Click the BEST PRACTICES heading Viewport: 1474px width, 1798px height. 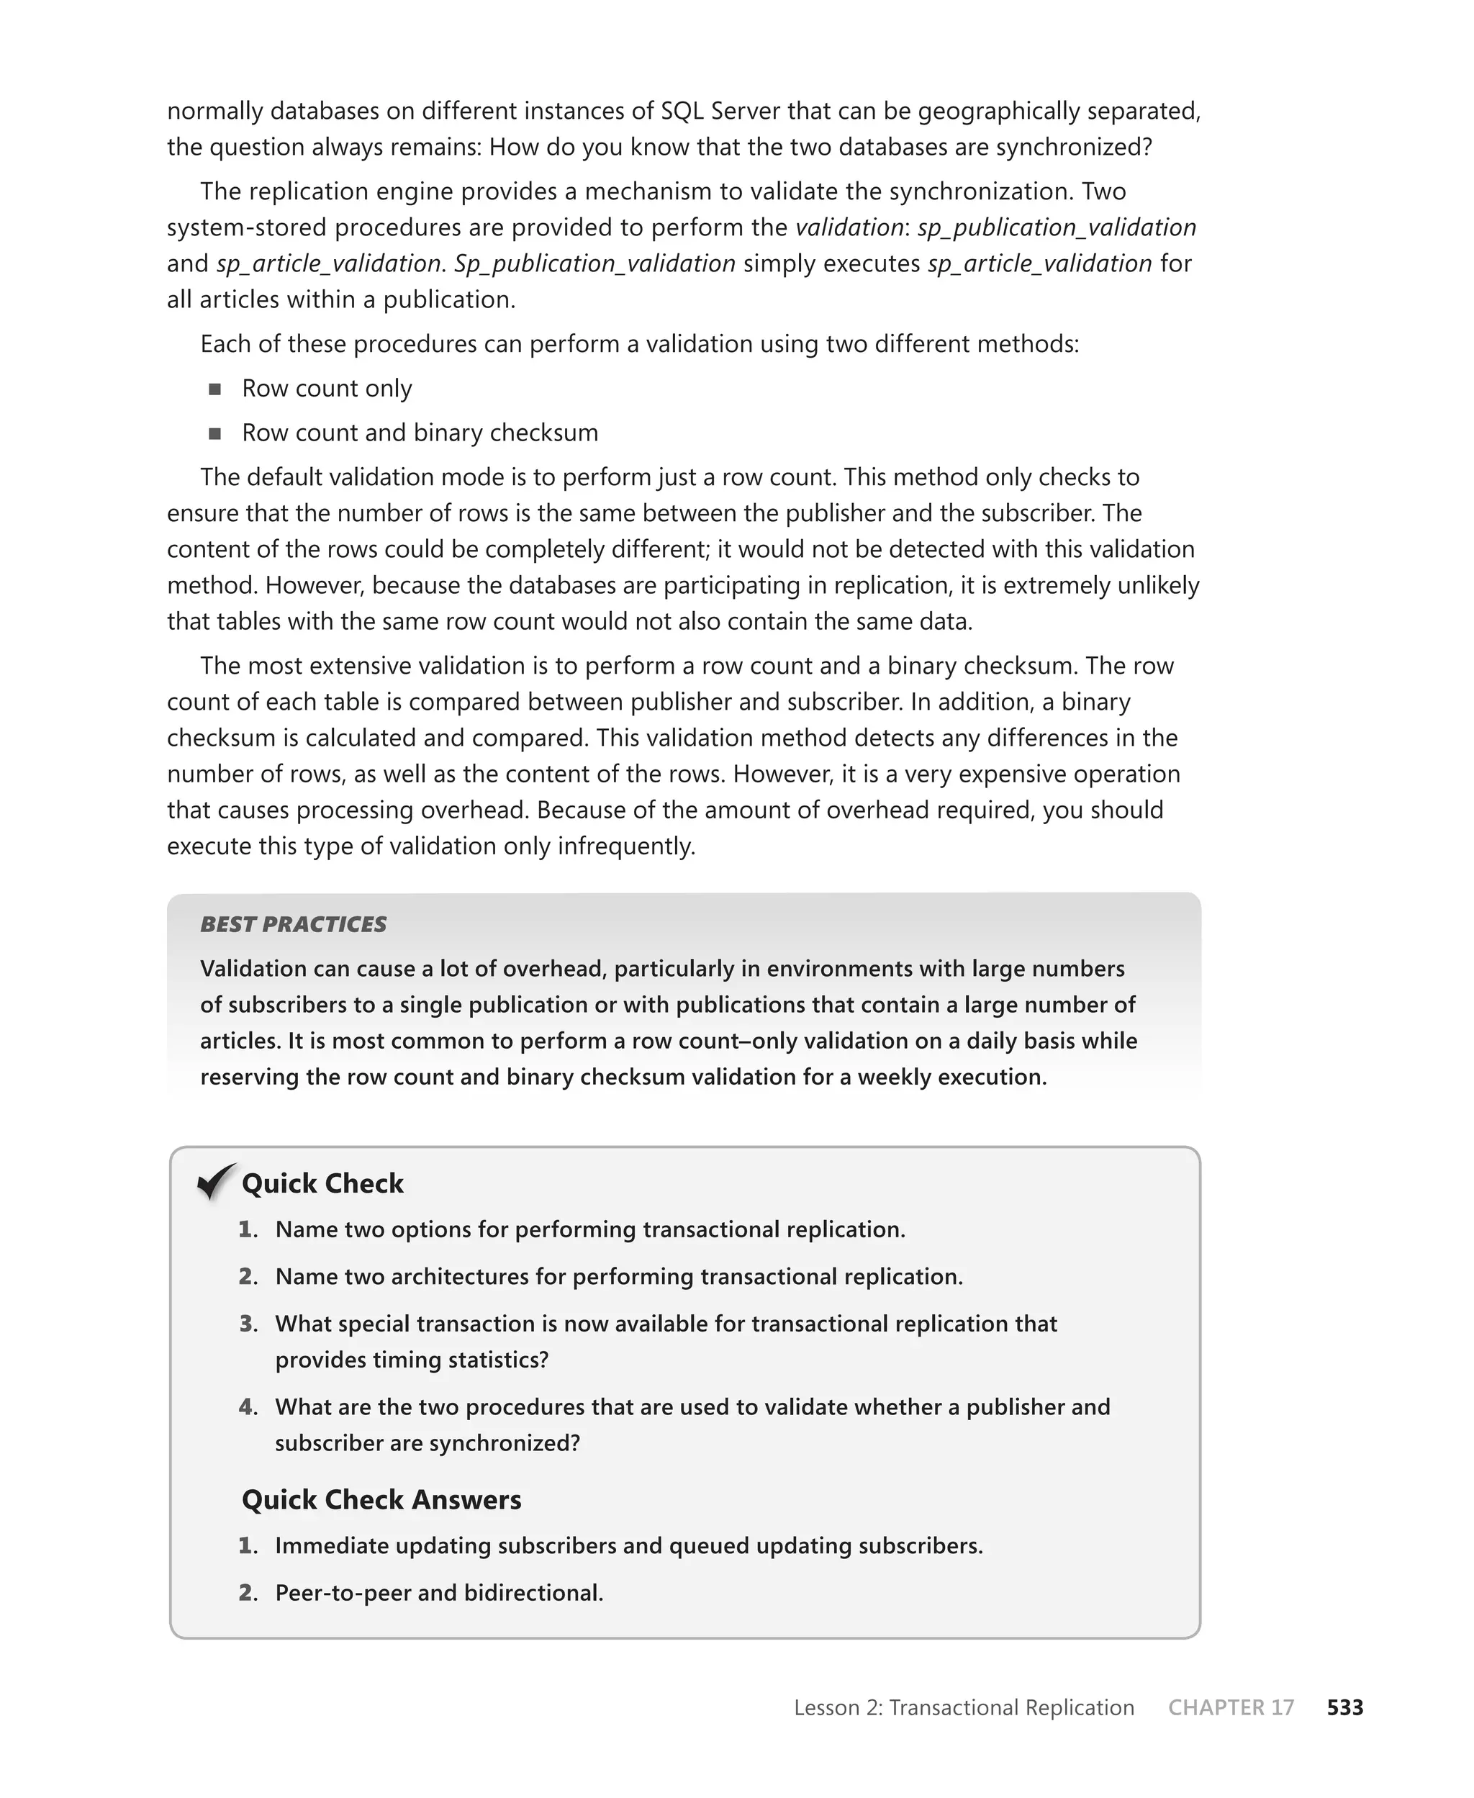click(293, 924)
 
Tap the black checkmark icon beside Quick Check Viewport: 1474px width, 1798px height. click(216, 1181)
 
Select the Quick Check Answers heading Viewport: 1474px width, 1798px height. click(381, 1499)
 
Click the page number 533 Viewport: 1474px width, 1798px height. click(1345, 1707)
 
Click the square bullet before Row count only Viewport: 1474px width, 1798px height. click(214, 389)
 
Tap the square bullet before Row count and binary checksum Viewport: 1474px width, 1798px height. click(214, 433)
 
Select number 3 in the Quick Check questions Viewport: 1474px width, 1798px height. click(248, 1324)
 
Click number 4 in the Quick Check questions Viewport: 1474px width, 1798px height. click(248, 1406)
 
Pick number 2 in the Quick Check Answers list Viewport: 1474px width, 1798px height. click(248, 1593)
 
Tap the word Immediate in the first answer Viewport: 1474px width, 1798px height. click(331, 1545)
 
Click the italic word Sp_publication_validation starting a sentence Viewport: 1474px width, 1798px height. click(594, 263)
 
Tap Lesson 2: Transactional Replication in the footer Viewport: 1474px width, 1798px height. click(964, 1707)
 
